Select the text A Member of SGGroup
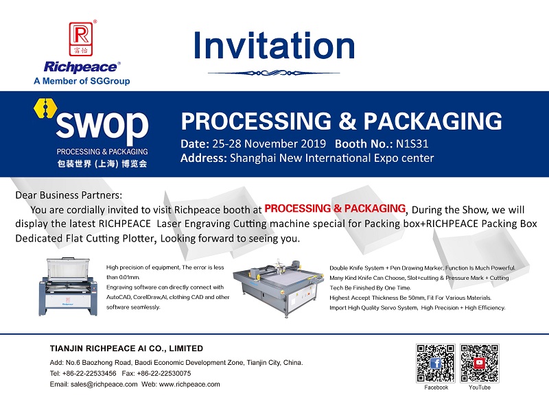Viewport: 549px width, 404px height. (x=82, y=81)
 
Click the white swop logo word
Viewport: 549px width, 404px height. (x=102, y=124)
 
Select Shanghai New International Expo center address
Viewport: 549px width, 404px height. (x=331, y=158)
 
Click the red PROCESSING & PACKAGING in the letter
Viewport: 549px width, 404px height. (x=335, y=209)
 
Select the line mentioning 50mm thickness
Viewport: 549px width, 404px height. (x=410, y=298)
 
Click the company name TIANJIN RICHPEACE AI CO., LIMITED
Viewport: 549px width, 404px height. (x=126, y=348)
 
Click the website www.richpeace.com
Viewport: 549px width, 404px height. (x=189, y=384)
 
